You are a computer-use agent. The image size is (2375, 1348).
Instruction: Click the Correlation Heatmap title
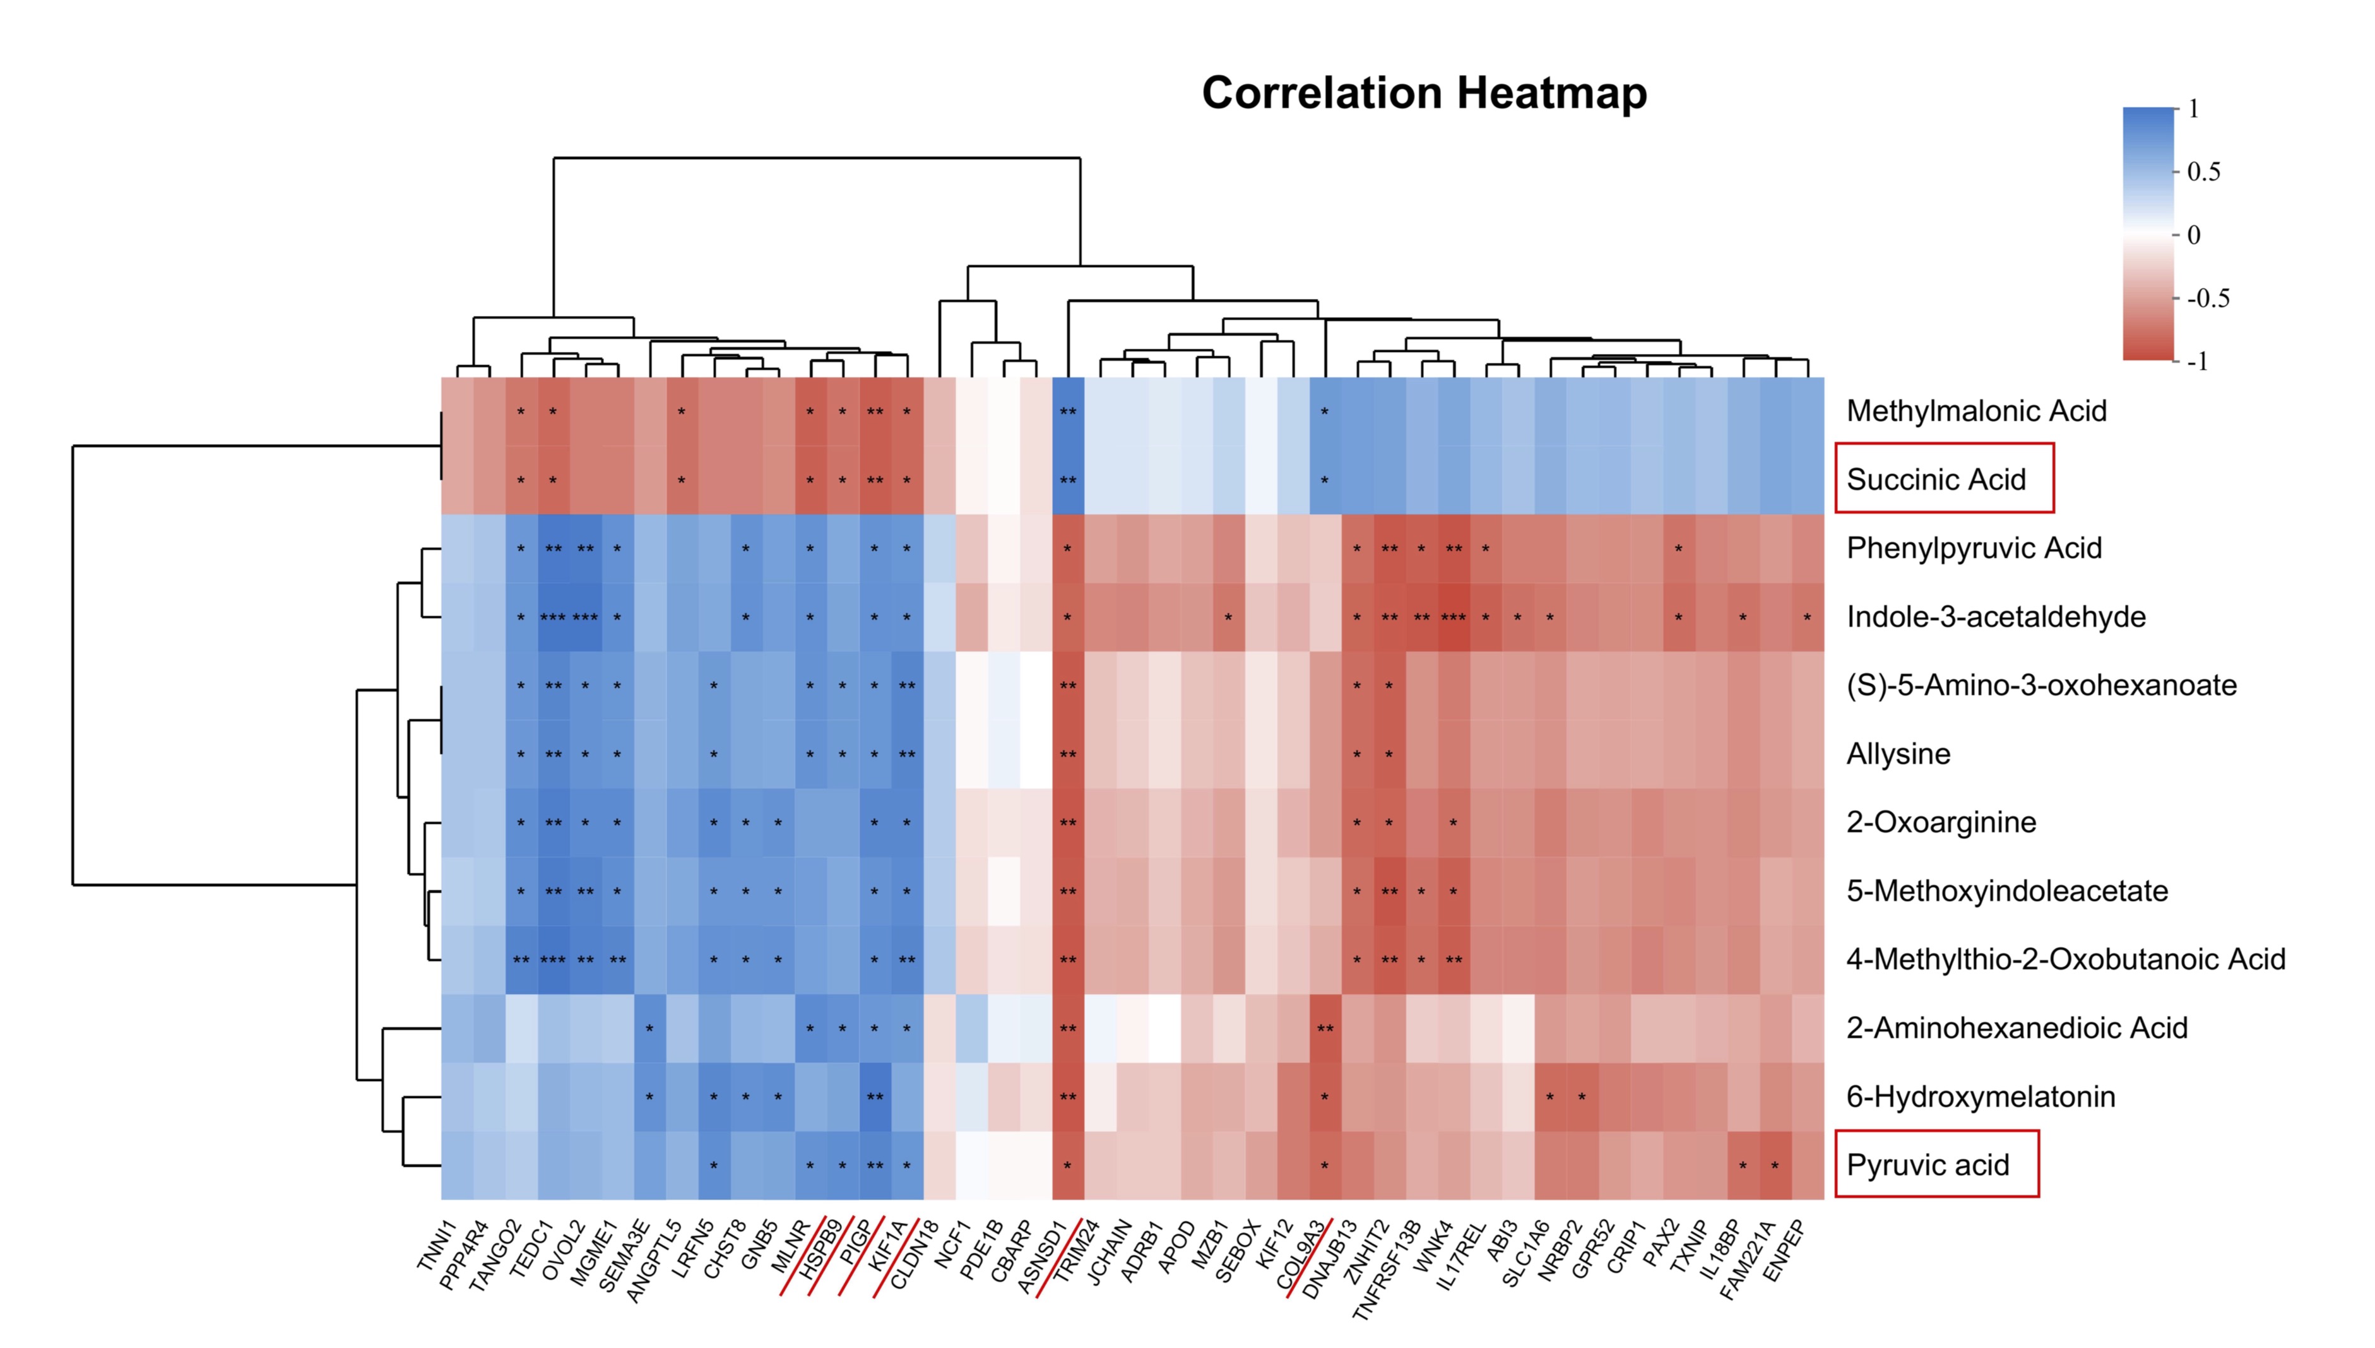point(1424,93)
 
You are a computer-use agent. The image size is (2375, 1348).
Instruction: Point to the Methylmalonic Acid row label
point(1976,411)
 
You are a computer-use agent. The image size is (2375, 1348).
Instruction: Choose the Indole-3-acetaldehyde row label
point(1996,617)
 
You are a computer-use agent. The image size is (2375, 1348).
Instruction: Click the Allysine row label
point(1898,754)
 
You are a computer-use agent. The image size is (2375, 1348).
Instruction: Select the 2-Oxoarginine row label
point(1941,822)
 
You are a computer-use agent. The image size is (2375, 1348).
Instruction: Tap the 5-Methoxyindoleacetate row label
point(2006,890)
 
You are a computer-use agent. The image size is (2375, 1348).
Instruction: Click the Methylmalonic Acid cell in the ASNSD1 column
point(1068,411)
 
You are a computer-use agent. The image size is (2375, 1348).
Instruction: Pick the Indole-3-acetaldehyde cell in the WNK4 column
point(1454,617)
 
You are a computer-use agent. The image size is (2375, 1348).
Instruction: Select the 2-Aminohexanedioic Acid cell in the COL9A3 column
point(1325,1027)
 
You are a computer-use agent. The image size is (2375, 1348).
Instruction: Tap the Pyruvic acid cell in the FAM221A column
point(1775,1165)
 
